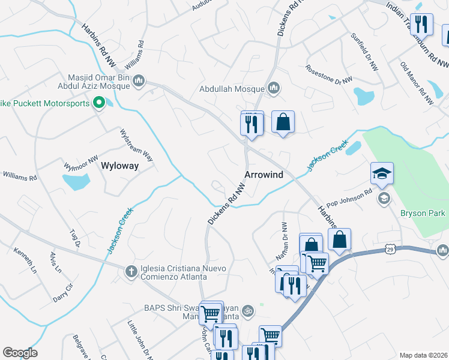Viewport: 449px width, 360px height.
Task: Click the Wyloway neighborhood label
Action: coord(119,166)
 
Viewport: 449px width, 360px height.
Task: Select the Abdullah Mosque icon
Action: coord(274,89)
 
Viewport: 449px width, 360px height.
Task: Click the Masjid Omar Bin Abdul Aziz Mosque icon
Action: coord(139,80)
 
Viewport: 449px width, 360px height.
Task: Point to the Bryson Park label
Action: coord(423,213)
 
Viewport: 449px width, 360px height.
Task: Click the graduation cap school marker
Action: coord(382,173)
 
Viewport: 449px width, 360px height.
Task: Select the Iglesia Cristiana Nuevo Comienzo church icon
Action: coord(130,271)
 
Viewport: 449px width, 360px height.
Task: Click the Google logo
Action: coord(20,353)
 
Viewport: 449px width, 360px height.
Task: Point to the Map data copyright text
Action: coord(423,355)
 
